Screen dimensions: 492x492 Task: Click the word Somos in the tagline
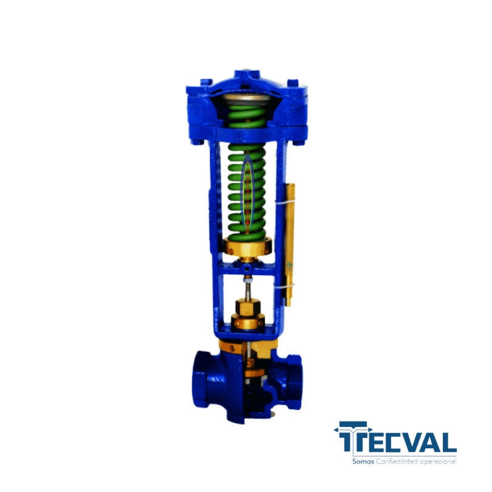(363, 462)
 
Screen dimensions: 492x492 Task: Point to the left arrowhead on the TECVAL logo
(337, 429)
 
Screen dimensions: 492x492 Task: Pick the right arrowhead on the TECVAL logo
(370, 429)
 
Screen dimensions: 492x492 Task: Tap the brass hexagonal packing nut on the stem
(248, 307)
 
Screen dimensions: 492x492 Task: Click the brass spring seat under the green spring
(248, 248)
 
